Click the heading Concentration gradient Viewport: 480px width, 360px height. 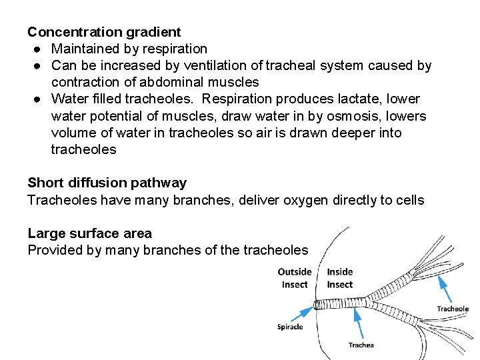pos(104,31)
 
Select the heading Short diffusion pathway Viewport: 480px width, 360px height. pos(107,183)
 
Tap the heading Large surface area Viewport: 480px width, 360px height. pos(89,233)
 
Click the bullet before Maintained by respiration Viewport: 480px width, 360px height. pos(34,49)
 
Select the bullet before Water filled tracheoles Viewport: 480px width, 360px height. pos(34,99)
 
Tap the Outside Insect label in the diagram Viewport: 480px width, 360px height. pos(294,278)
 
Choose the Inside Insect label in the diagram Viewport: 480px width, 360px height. pos(340,278)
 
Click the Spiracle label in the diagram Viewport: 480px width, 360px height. pos(290,327)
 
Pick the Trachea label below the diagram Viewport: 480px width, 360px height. pos(361,345)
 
